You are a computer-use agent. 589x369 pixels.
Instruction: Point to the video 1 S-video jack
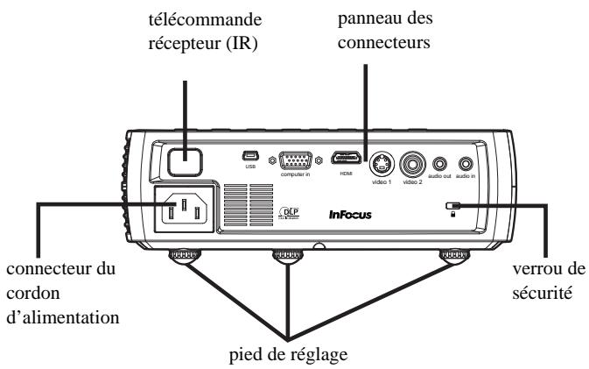(x=381, y=164)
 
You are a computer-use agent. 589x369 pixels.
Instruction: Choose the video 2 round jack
(x=412, y=164)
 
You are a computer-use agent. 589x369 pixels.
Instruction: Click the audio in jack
(x=467, y=163)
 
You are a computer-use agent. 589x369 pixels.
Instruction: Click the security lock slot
(x=452, y=208)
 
